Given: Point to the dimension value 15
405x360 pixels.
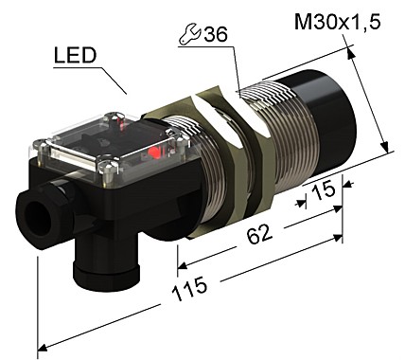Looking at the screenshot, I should pos(324,190).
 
